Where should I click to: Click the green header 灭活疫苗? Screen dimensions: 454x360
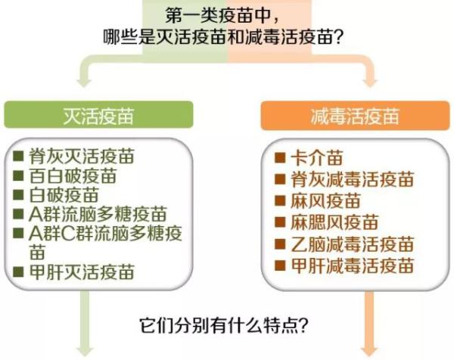(x=98, y=116)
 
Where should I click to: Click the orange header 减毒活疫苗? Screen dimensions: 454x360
(x=355, y=116)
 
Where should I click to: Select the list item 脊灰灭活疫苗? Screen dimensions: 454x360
(x=82, y=157)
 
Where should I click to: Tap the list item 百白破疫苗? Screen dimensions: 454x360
(x=73, y=175)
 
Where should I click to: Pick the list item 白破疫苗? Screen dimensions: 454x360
(x=64, y=195)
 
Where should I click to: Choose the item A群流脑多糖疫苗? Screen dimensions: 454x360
(x=98, y=214)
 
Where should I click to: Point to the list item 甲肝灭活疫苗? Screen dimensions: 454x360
(x=82, y=272)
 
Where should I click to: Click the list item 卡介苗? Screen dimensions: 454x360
(x=317, y=158)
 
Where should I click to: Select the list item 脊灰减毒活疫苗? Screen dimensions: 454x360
(x=353, y=179)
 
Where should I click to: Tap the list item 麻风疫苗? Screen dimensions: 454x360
(x=325, y=201)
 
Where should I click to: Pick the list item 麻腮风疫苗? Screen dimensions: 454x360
(x=334, y=222)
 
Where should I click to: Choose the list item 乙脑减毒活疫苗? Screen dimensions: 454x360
(x=353, y=244)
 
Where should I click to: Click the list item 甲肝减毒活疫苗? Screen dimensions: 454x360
(x=353, y=265)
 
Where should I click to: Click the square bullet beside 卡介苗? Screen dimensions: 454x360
(x=280, y=158)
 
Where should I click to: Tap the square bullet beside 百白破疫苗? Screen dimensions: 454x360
(x=18, y=175)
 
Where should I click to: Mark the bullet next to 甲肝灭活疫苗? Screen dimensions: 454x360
(x=18, y=272)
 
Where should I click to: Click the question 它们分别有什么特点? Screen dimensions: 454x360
(x=223, y=326)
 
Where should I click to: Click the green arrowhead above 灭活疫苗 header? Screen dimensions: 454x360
(x=84, y=82)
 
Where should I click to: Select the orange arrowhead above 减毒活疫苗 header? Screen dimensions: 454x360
(x=369, y=82)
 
